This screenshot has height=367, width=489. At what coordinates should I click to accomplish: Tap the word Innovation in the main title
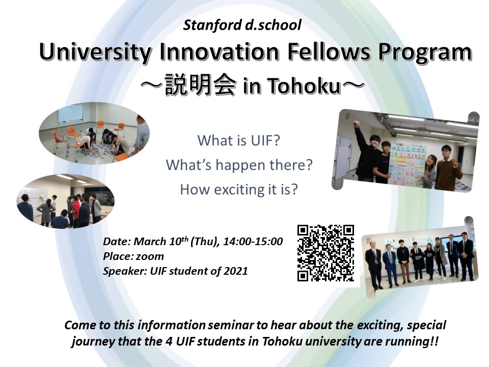219,52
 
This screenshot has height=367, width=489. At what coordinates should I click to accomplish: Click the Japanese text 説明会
200,84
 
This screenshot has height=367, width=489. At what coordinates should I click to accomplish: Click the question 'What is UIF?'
239,141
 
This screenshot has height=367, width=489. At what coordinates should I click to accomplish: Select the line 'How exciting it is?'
239,190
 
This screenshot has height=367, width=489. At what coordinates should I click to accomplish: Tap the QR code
325,253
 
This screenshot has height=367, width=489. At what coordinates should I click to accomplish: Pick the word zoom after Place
150,256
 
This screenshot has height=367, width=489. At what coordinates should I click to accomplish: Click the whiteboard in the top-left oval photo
70,113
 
